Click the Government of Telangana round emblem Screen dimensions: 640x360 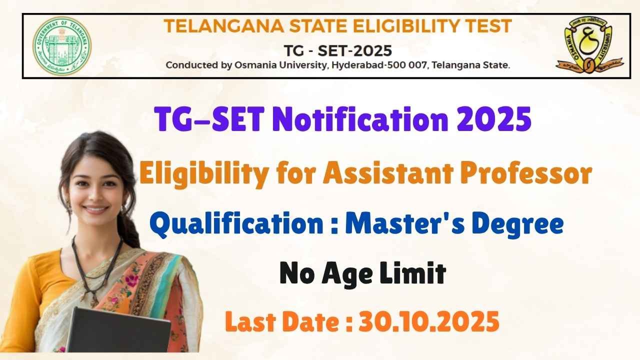pos(62,45)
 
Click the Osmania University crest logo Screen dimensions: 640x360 pos(589,44)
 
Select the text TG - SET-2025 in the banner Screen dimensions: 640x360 pos(337,51)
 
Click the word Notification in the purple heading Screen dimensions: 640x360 pos(360,119)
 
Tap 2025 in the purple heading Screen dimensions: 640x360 pos(494,119)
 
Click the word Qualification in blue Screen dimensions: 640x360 pos(236,224)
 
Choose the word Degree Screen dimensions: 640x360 pos(517,224)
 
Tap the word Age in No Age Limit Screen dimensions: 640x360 pos(347,273)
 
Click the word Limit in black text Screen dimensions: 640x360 pos(413,272)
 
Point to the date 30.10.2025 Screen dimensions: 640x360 pos(429,321)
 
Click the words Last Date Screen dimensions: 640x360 pos(282,321)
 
